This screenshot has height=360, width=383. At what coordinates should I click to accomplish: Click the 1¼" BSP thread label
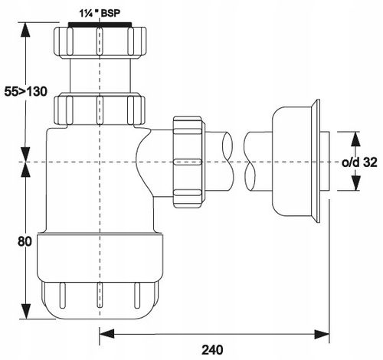pos(99,13)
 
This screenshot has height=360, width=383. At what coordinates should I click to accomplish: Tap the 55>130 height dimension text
pos(26,92)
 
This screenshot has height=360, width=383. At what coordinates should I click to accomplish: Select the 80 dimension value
pos(25,241)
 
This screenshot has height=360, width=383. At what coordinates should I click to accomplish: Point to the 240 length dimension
pos(212,349)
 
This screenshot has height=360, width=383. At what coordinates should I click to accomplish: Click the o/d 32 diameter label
pos(359,162)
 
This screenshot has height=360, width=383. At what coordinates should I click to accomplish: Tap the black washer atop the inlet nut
pos(100,25)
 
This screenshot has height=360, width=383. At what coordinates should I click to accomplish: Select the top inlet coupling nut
pos(100,42)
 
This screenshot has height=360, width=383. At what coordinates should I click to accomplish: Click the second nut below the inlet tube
pos(100,110)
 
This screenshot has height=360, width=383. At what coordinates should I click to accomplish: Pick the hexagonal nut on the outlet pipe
pos(189,162)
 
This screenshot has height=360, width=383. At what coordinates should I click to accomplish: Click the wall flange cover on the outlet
pos(296,161)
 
